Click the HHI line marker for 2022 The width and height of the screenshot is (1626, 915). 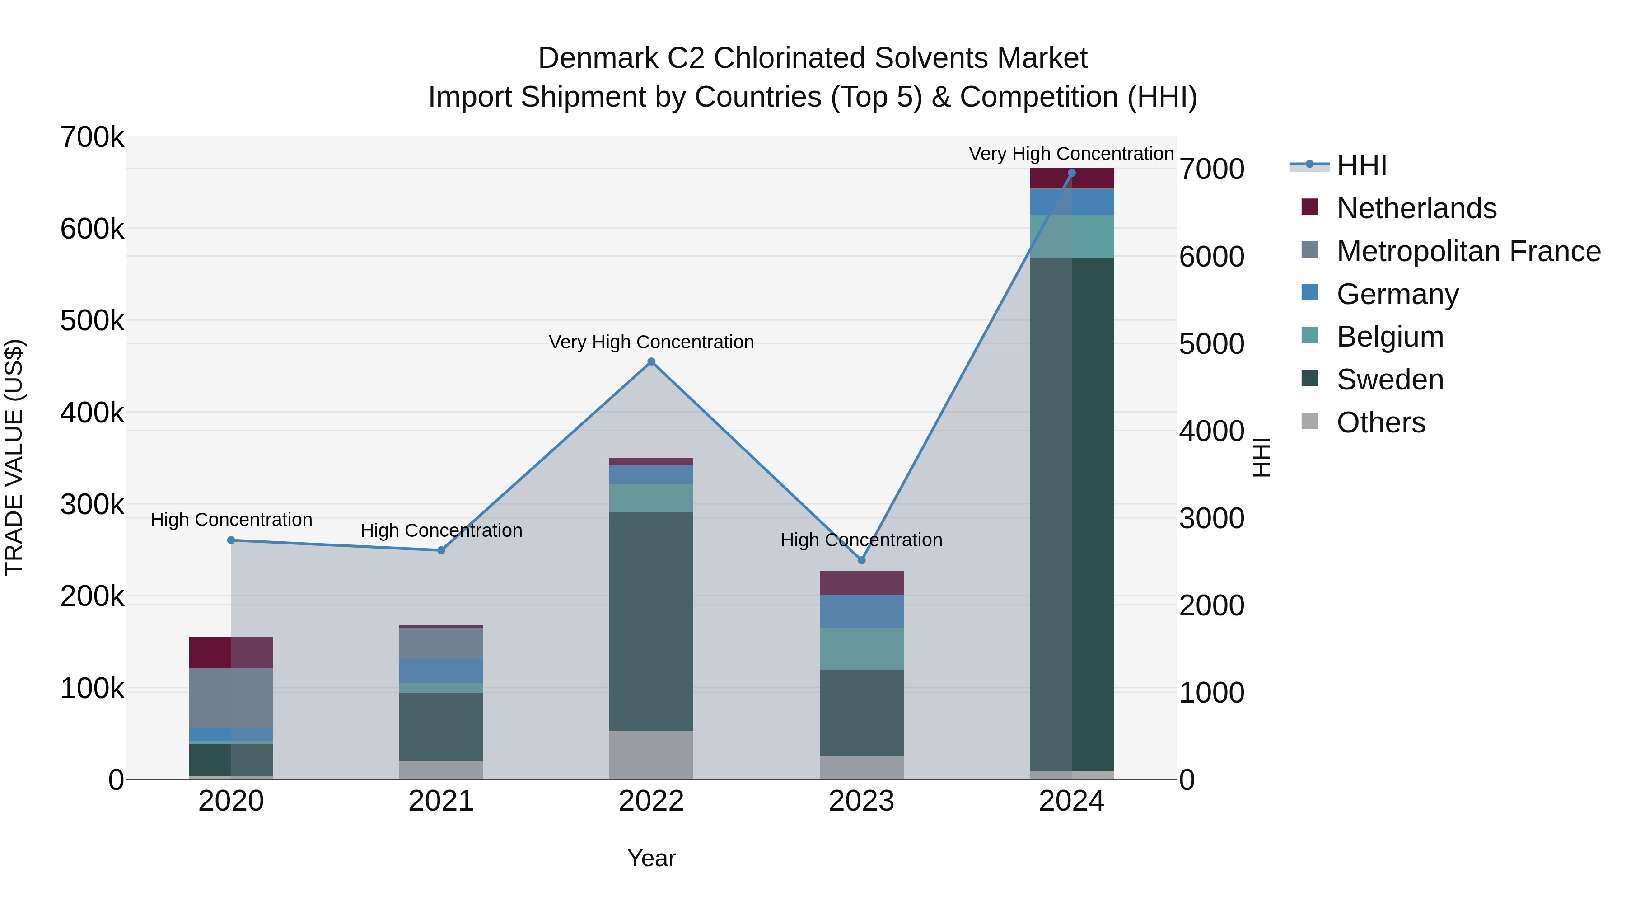pyautogui.click(x=651, y=362)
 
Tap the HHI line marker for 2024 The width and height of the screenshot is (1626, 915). pyautogui.click(x=1071, y=173)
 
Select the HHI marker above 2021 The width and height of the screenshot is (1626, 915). pyautogui.click(x=441, y=550)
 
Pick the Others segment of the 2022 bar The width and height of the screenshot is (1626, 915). pyautogui.click(x=651, y=755)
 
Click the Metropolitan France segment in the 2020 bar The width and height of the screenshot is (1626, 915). pyautogui.click(x=231, y=699)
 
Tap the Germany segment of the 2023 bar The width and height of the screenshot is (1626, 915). pyautogui.click(x=862, y=611)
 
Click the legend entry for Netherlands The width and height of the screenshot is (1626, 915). pyautogui.click(x=1416, y=208)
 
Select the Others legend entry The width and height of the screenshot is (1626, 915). pyautogui.click(x=1380, y=422)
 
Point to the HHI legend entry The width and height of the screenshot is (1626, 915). pyautogui.click(x=1361, y=165)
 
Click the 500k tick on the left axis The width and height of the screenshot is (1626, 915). pyautogui.click(x=92, y=321)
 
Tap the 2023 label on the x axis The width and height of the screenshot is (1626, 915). pyautogui.click(x=862, y=801)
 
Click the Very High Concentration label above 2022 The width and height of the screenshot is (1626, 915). pyautogui.click(x=651, y=342)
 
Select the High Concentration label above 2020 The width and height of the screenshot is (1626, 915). pyautogui.click(x=231, y=520)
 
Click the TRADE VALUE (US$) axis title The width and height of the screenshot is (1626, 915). pyautogui.click(x=14, y=457)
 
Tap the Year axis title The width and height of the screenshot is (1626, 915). pyautogui.click(x=651, y=858)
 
